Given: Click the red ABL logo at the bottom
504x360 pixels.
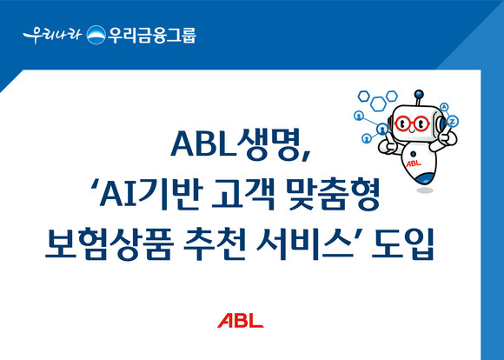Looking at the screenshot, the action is coord(241,320).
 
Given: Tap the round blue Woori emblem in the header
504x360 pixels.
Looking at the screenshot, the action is coord(96,35).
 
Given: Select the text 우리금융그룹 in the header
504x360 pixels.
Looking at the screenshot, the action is coord(152,35).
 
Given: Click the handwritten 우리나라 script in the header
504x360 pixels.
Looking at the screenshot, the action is coord(52,35).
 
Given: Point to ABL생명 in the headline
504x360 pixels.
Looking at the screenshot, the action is coord(240,144).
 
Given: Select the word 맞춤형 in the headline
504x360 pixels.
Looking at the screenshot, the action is coord(335,196).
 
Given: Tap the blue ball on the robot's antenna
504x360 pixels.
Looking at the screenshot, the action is coord(419,94).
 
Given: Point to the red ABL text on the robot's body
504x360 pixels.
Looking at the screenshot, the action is coord(414,163).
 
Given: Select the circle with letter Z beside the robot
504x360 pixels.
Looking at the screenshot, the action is coord(453,121).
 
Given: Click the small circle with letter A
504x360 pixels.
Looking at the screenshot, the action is coord(444,107).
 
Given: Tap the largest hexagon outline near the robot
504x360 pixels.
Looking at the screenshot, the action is coord(378,103).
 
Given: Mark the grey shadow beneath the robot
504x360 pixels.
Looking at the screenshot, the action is coord(425,190).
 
